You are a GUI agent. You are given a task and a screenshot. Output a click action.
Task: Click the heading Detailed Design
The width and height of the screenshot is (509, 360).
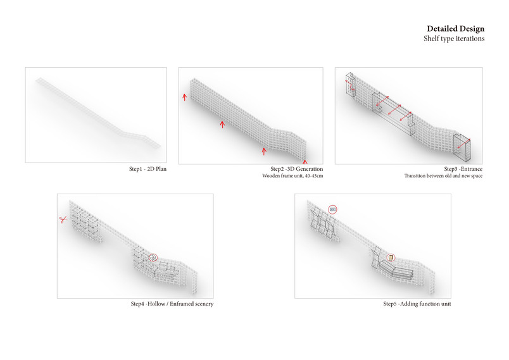[x=455, y=29]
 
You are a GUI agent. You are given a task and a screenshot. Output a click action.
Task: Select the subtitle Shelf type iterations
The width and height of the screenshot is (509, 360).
[x=454, y=39]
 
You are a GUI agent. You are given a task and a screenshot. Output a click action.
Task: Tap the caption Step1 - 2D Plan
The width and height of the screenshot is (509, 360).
[x=148, y=169]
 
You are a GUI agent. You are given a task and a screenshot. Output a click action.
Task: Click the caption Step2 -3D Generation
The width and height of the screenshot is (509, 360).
[x=297, y=169]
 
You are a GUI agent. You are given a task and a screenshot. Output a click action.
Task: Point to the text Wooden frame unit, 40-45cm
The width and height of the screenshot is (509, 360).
[x=292, y=176]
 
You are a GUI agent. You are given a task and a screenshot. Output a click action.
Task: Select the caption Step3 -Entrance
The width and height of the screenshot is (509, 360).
[x=463, y=169]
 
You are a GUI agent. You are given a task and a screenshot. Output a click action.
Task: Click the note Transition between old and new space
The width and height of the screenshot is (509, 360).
[x=443, y=176]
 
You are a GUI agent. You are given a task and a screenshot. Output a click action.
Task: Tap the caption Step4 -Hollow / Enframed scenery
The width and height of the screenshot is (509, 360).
[x=172, y=304]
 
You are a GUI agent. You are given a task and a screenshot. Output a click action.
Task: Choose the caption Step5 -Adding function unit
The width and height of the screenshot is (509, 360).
[x=417, y=304]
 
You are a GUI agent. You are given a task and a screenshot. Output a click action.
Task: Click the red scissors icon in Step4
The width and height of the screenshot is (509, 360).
[x=63, y=220]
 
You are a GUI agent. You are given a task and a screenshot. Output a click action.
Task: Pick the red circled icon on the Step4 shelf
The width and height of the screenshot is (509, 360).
[x=153, y=258]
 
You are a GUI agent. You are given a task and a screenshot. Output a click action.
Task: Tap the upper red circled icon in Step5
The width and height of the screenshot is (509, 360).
[x=332, y=209]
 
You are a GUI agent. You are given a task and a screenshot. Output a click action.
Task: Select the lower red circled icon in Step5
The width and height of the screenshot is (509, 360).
[x=391, y=258]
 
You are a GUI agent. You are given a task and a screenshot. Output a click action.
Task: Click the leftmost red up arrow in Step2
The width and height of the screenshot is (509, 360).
[x=184, y=97]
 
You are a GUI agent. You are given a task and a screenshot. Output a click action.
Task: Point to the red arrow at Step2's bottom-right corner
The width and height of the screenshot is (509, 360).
[x=305, y=161]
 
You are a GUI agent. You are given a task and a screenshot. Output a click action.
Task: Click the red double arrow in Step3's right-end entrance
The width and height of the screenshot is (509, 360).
[x=463, y=144]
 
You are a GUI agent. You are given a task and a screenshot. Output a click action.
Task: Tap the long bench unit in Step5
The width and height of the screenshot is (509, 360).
[x=396, y=271]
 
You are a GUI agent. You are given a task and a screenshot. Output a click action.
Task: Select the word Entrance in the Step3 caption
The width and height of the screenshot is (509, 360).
[x=472, y=169]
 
